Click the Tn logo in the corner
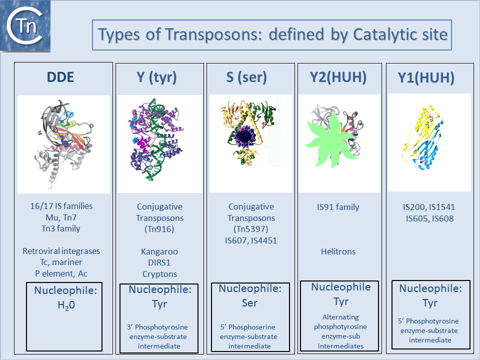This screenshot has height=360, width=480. pos(25,26)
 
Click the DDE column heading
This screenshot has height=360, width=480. pos(60,77)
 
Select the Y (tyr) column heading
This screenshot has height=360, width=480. pos(156,77)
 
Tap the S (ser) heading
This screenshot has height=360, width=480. pos(246,77)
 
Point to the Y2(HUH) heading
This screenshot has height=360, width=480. pos(338,77)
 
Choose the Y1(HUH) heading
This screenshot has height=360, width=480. pos(426,78)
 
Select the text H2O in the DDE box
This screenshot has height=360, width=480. pos(66,305)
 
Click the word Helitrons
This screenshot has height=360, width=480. pos(338,251)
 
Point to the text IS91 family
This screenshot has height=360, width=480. pos(338,207)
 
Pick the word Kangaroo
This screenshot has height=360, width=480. pos(159,251)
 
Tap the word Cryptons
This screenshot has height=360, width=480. pos(159,274)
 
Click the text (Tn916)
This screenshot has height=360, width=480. pos(159,229)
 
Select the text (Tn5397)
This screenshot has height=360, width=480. pos(250,229)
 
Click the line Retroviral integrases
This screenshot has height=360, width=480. pos(61,251)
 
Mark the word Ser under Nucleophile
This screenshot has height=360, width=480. pos(249,303)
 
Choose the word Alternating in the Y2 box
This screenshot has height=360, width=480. pos(340,317)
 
